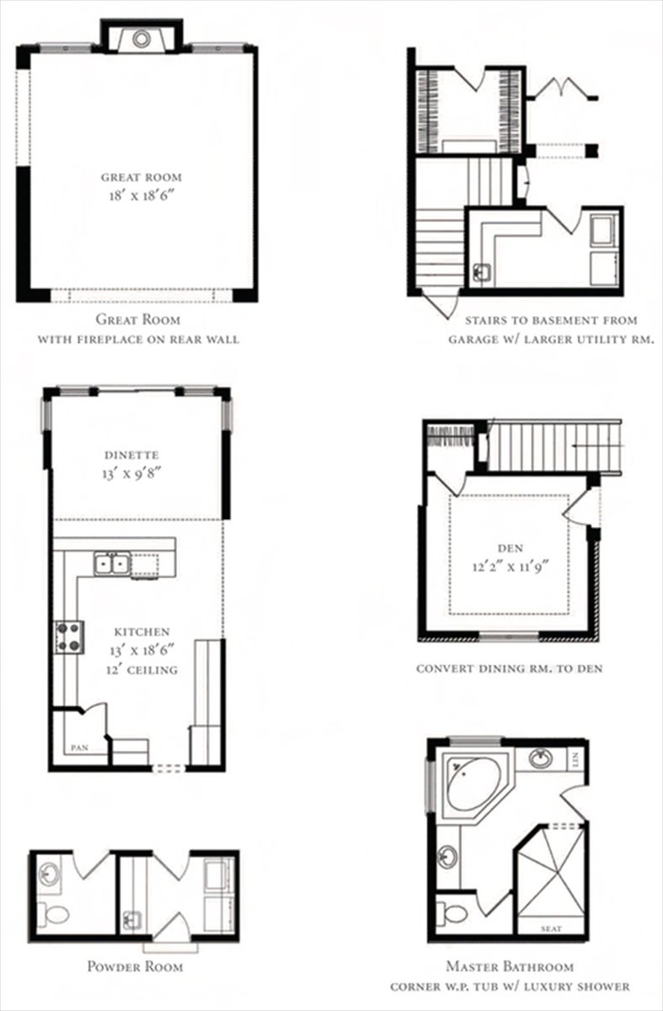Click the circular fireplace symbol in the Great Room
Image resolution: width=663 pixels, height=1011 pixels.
(141, 39)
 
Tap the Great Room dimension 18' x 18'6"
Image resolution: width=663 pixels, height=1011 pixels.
(142, 195)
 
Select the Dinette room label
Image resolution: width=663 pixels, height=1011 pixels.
(131, 454)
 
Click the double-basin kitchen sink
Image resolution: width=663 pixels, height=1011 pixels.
(112, 564)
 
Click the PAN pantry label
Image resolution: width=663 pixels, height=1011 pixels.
(79, 748)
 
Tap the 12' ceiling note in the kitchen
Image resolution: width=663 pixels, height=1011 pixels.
(142, 670)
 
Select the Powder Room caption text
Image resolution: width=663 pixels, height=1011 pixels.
(135, 967)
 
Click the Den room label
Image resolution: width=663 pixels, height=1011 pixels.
(511, 548)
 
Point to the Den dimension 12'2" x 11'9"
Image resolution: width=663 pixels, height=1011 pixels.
(511, 566)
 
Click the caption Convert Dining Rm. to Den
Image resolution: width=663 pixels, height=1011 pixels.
(509, 668)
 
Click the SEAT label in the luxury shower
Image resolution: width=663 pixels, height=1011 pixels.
(551, 928)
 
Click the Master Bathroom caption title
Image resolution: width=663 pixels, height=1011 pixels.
(510, 967)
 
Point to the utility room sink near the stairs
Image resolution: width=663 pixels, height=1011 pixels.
(483, 273)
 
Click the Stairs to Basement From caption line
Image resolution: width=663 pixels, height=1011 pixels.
(551, 320)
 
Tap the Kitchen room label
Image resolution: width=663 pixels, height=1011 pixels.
(142, 632)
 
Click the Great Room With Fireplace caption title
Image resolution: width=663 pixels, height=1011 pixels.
(138, 319)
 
